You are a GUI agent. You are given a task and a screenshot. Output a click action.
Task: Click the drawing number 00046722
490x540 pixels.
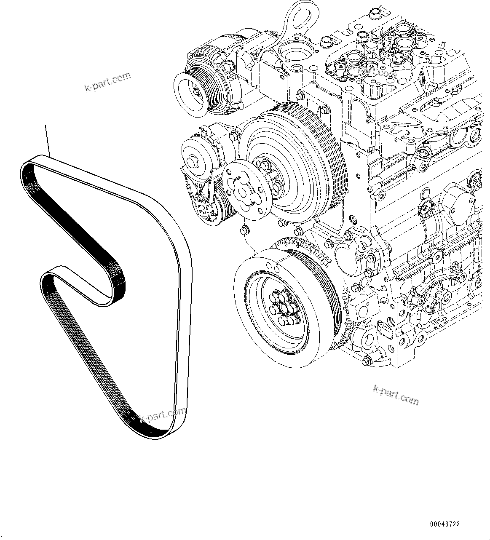(x=445, y=524)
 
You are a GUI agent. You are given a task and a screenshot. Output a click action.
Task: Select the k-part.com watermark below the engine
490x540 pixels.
(x=396, y=395)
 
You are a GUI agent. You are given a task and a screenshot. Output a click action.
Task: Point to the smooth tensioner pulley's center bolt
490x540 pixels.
(x=194, y=160)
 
